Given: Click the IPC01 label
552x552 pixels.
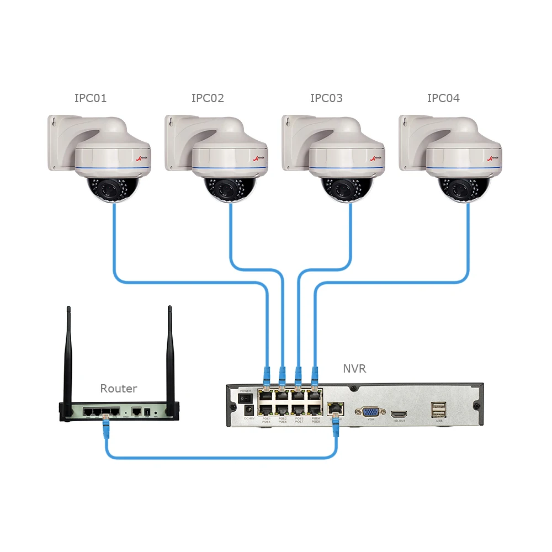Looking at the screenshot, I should point(91,99).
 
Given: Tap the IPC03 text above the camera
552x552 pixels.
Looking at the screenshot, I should point(326,99).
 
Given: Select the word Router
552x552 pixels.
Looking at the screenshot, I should point(118,389).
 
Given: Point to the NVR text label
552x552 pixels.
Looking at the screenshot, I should point(354,369).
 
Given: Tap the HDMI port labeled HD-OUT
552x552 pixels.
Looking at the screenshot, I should point(399,413).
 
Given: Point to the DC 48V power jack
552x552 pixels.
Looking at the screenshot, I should point(248,410).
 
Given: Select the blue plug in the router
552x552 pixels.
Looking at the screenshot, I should point(105,424).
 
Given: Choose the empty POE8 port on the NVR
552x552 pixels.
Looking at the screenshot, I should point(315,410).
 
